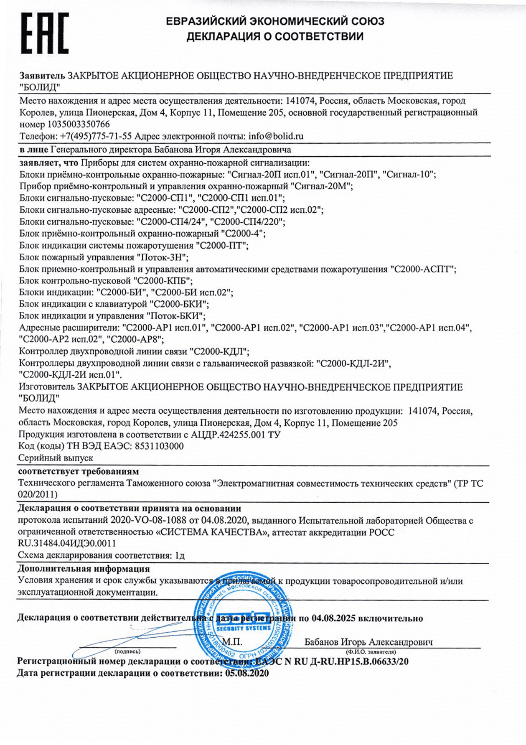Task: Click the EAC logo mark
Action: coord(45,33)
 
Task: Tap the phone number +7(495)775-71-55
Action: coord(96,136)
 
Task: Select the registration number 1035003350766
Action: coord(78,124)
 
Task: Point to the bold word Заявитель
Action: coord(42,76)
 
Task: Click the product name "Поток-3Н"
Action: coord(162,257)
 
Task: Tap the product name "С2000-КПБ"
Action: coord(163,281)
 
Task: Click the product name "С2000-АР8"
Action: coord(135,339)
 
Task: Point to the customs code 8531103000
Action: coord(159,446)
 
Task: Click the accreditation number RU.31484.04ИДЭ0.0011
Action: coord(67,543)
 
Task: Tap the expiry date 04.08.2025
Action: coord(333,618)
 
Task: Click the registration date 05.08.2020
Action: coord(247,673)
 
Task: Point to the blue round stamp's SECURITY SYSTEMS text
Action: coord(244,628)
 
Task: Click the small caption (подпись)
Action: coord(127,652)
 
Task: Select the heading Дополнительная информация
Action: coord(84,569)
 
